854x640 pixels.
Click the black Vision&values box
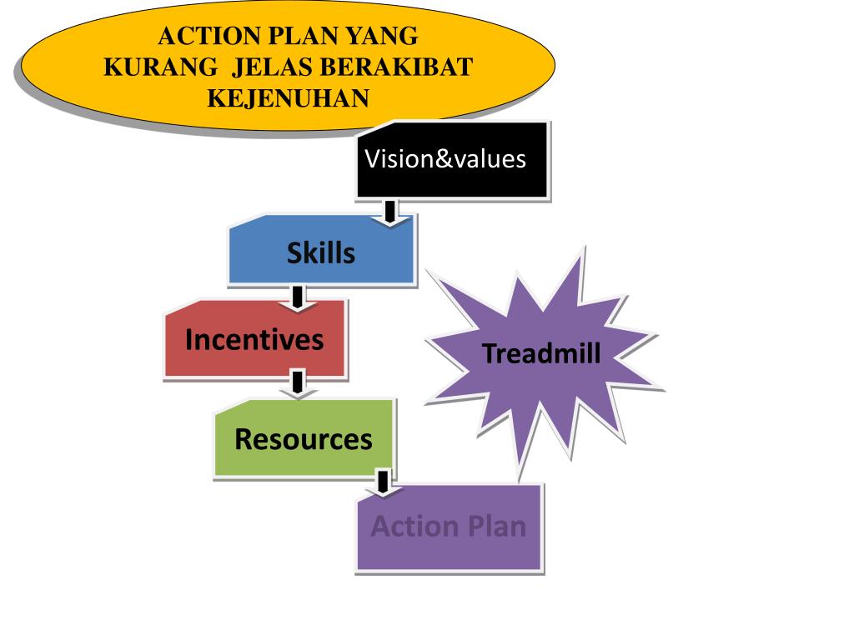452,159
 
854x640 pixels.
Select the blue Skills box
321,252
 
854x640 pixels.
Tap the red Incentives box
254,340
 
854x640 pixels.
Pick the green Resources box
304,439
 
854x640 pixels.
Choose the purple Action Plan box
449,527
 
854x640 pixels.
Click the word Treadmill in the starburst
541,353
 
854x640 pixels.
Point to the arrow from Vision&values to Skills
389,212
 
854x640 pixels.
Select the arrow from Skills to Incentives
297,297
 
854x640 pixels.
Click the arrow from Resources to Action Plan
383,483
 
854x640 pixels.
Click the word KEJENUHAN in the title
288,98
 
